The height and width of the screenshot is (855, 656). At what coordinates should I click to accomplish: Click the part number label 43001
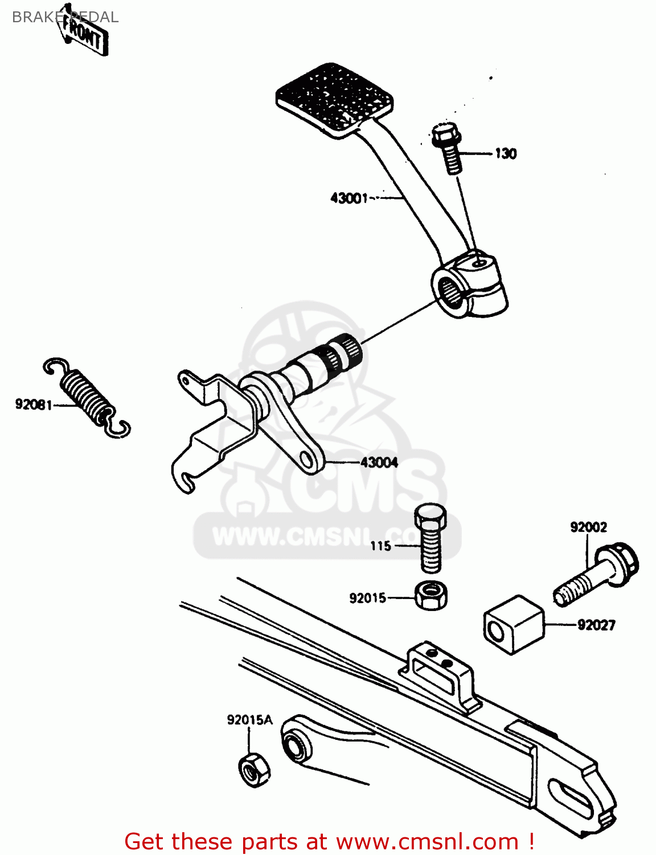tap(349, 198)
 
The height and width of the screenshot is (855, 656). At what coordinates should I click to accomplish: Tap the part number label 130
tap(505, 153)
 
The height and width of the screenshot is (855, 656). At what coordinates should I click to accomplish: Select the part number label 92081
tap(34, 405)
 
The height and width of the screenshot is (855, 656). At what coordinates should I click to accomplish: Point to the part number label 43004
tap(379, 462)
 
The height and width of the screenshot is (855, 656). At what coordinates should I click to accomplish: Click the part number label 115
tap(380, 546)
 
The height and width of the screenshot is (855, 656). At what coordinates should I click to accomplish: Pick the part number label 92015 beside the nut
tap(367, 598)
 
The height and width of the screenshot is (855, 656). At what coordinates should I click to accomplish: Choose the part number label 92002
tap(588, 527)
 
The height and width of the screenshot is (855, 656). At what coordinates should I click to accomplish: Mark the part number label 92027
tap(596, 625)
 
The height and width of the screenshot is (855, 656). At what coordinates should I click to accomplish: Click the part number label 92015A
tap(249, 720)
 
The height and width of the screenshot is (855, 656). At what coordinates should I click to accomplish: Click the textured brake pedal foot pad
tap(335, 99)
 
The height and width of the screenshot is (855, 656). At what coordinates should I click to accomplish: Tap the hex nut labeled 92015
tap(430, 596)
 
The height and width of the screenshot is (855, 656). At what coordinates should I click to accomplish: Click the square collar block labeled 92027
tap(513, 625)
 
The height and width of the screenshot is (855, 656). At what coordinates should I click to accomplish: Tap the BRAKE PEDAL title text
tap(65, 17)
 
